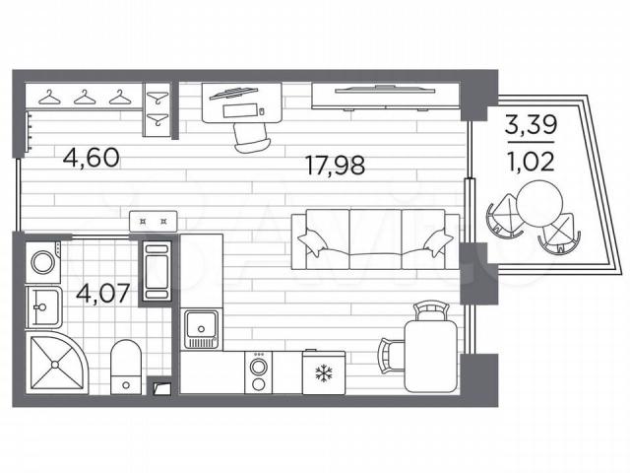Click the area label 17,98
pos(335,166)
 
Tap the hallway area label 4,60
pos(92,158)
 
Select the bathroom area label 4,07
pos(102,294)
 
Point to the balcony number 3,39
pos(531,124)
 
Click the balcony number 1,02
pos(531,162)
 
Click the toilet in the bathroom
pos(126,367)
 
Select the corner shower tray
pos(57,363)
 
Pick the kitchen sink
pos(201,329)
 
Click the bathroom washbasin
pos(43,307)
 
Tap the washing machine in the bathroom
pos(43,262)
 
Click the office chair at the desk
pos(252,138)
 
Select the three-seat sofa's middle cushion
pos(375,238)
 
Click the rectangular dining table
pos(430,356)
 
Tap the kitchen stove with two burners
pos(258,372)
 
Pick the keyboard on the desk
pos(239,110)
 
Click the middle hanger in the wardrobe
pos(86,98)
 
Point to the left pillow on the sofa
pos(313,241)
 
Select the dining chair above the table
pos(431,311)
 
